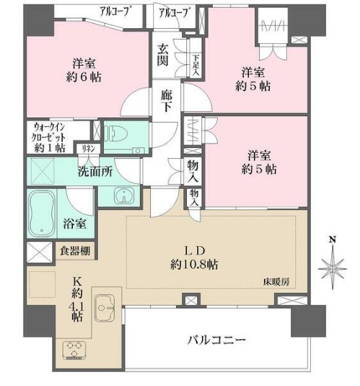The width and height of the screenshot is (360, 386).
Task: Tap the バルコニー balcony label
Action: tap(217, 339)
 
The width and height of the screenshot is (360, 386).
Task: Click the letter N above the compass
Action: tap(331, 240)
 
